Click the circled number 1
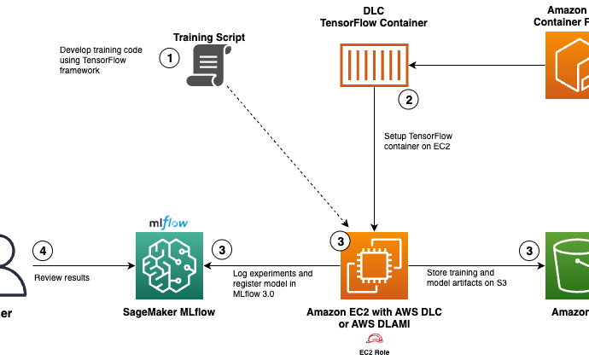171,59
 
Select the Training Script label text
209,38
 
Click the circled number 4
44,251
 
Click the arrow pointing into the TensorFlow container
474,66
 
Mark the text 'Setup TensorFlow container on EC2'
417,141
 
